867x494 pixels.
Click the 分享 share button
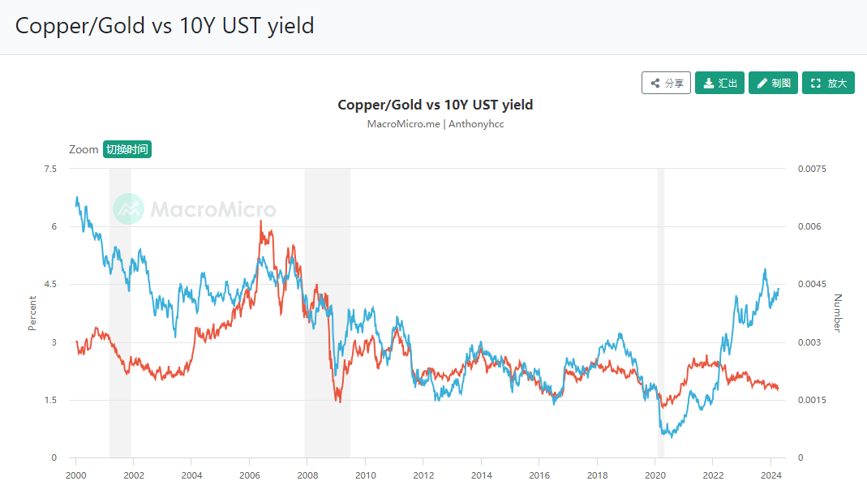[666, 83]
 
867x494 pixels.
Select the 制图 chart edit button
[773, 83]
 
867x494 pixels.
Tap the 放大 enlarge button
[828, 83]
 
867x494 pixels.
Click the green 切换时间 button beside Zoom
[127, 149]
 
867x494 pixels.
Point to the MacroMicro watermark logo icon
[128, 209]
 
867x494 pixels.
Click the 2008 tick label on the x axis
[307, 475]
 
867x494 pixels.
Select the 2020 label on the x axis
[655, 475]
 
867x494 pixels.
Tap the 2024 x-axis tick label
[771, 475]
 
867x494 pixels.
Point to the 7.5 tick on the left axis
[50, 169]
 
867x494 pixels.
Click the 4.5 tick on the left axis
[50, 285]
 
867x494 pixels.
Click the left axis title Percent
[33, 313]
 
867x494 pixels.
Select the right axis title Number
[838, 313]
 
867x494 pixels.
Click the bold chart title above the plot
[435, 105]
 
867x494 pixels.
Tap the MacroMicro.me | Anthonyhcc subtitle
[435, 124]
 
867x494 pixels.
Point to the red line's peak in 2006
[260, 221]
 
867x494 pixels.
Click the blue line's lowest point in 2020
[672, 436]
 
